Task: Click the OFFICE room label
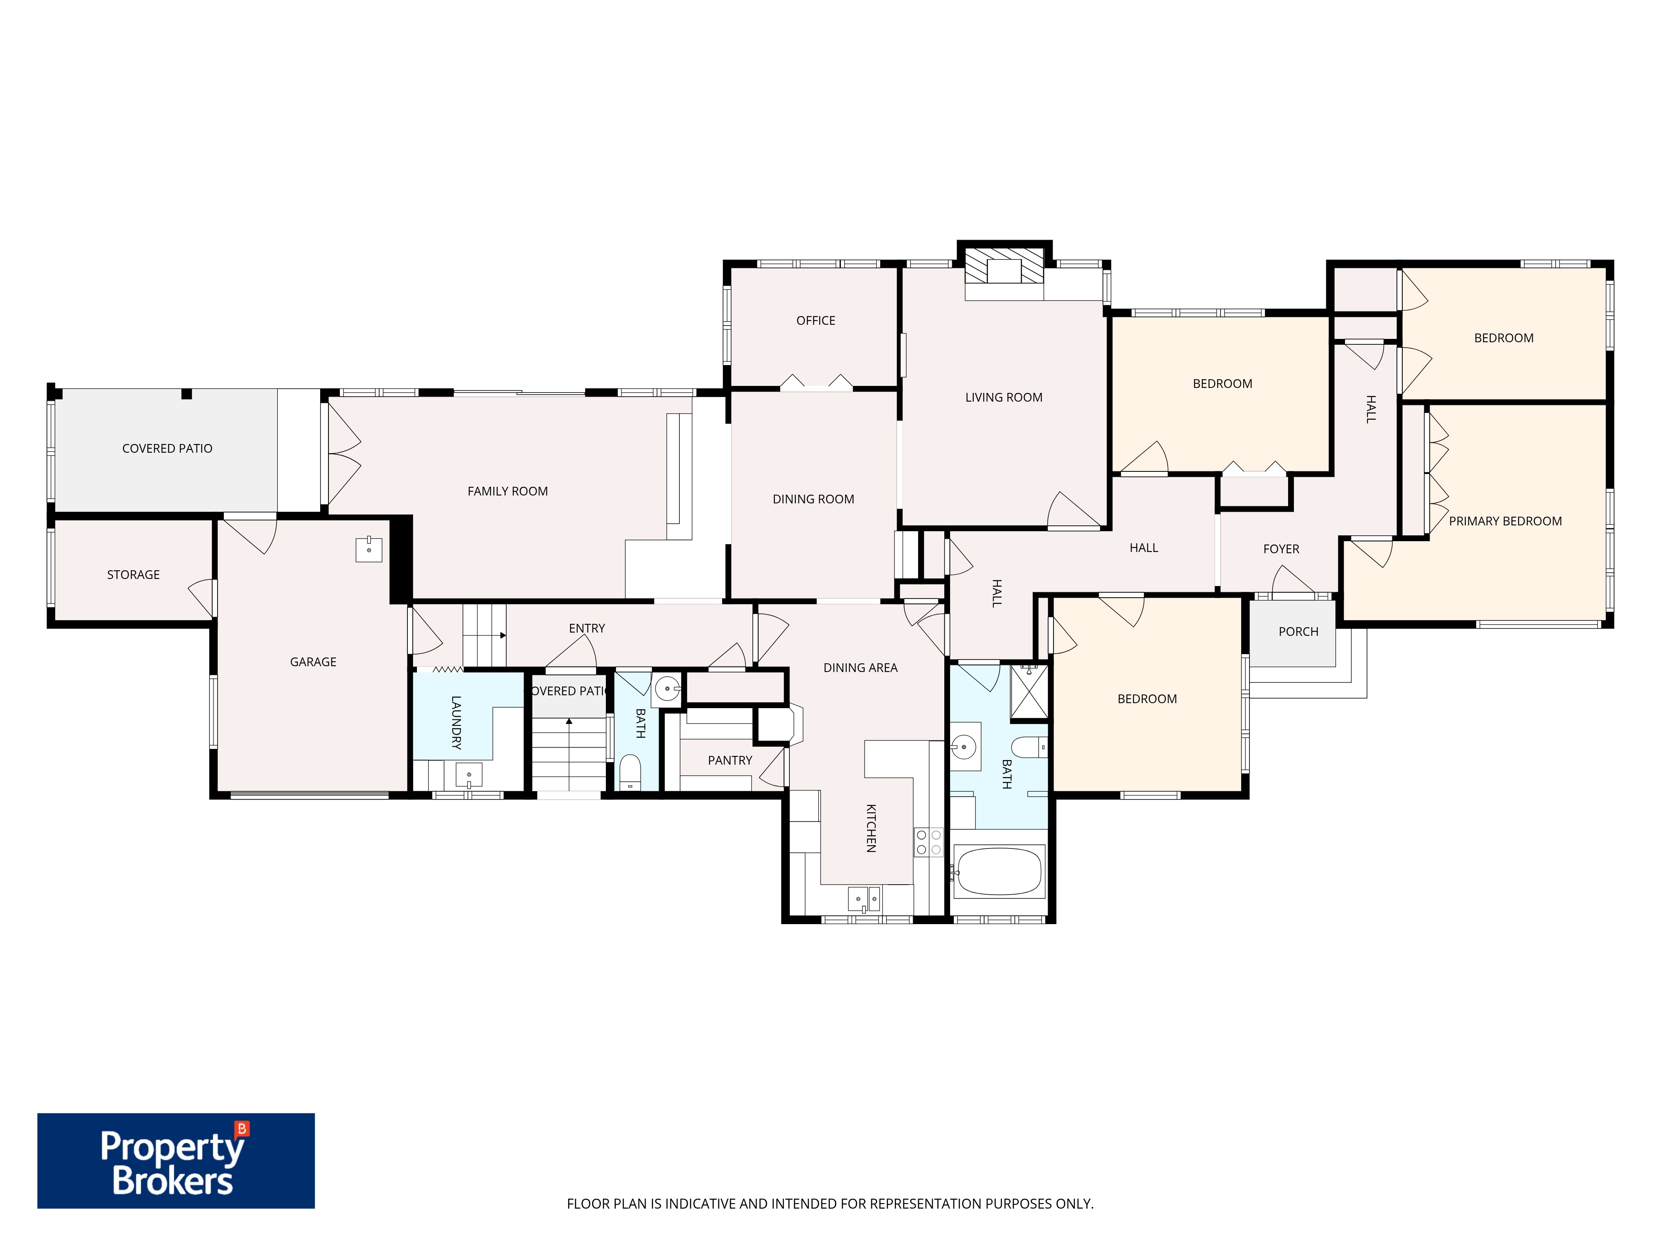pos(816,321)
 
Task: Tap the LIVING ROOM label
pos(1004,397)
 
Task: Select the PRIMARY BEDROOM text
pos(1505,521)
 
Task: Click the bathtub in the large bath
pos(999,871)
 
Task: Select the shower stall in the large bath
pos(1029,692)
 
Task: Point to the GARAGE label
pos(313,662)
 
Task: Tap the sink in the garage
pos(369,550)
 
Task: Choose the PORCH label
pos(1298,632)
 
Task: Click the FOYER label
pos(1281,549)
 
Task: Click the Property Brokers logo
pos(176,1160)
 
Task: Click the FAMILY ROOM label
pos(507,491)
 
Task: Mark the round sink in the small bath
pos(667,688)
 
